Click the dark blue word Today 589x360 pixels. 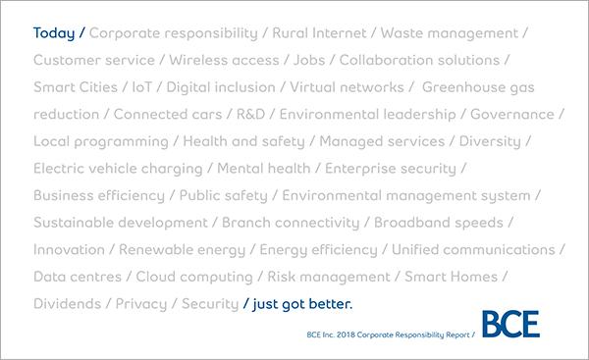pos(54,33)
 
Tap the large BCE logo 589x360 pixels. pos(510,324)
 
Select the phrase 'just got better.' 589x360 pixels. pos(302,304)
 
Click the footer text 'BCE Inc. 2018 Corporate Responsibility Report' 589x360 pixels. pos(388,334)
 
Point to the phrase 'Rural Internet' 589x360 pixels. pos(319,33)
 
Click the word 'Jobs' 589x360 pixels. pos(309,60)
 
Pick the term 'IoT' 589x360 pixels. pos(142,87)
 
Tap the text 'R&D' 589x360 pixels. pos(250,114)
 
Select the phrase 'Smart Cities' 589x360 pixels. pos(76,87)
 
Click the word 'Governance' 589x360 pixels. pos(512,114)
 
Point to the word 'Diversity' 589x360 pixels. pos(490,141)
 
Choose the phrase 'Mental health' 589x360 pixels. pos(264,168)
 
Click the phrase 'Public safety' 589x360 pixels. pos(224,195)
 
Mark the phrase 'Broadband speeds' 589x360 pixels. pos(439,223)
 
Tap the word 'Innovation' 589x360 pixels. pos(69,249)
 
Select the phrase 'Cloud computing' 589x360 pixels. pos(194,277)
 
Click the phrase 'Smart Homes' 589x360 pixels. pos(452,277)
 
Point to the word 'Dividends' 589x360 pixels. pos(67,304)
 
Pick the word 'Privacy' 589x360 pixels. pos(141,304)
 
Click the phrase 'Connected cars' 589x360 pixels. pos(168,114)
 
